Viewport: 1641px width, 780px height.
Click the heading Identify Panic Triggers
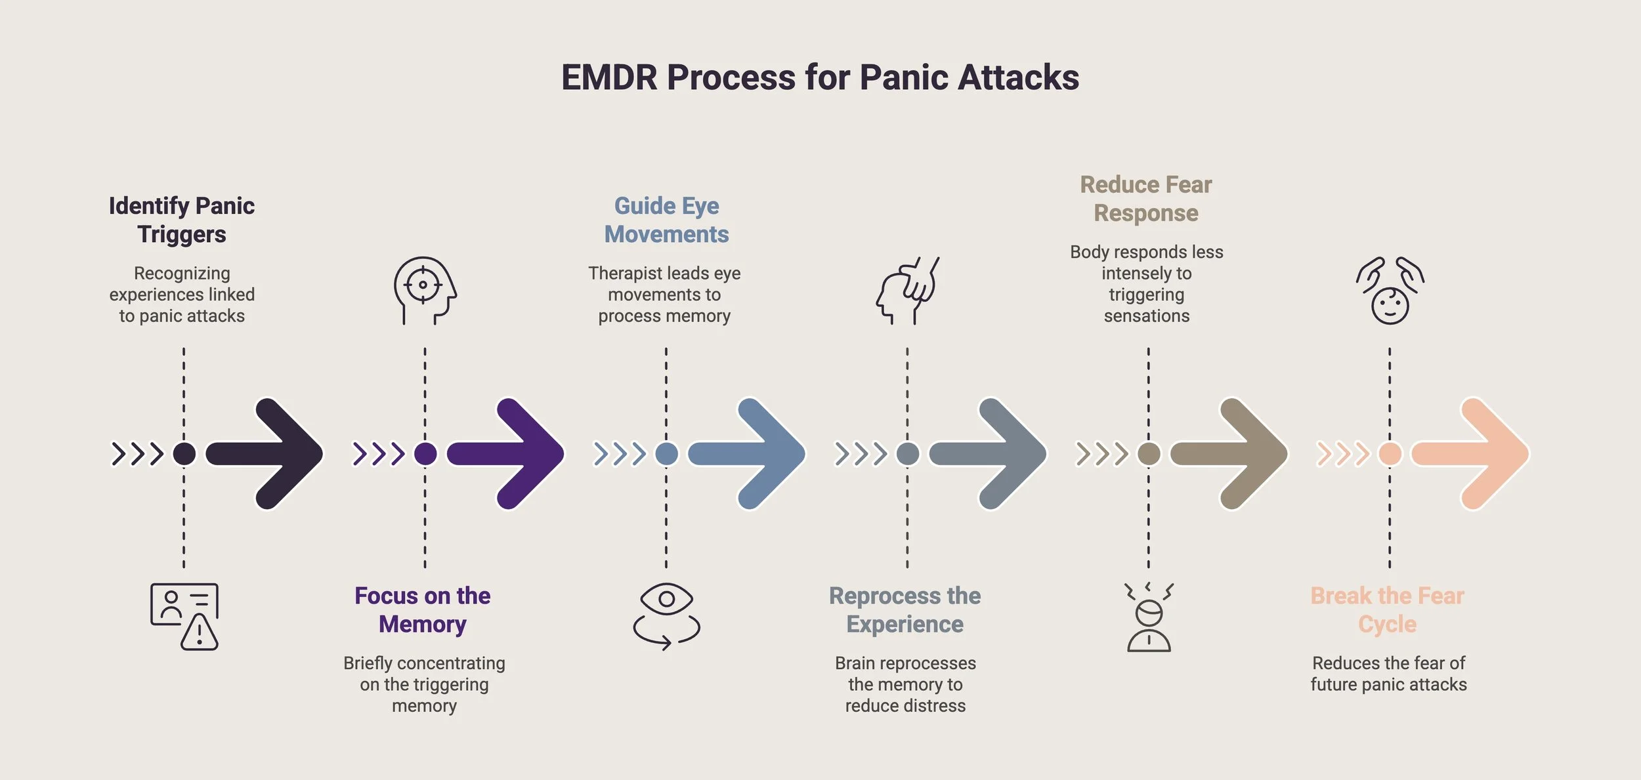(182, 220)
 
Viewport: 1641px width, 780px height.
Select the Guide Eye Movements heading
(666, 220)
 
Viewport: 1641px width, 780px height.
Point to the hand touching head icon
(907, 290)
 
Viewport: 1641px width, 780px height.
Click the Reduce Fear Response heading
(1146, 199)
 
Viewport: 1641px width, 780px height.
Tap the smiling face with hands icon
(1390, 290)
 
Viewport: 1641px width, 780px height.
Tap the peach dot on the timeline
(1390, 453)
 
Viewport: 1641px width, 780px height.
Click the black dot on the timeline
(184, 453)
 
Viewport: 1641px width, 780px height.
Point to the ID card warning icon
(184, 616)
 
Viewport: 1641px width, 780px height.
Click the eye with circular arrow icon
(666, 616)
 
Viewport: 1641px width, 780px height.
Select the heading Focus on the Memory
(423, 609)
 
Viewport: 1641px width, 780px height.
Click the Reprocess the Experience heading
(905, 609)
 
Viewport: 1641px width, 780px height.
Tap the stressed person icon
(1149, 616)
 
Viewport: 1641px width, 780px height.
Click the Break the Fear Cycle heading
(1388, 609)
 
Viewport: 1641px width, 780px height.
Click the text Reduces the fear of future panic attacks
(1388, 674)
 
